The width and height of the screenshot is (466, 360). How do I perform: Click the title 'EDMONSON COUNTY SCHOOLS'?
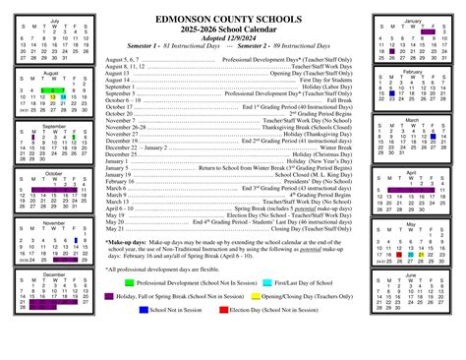tap(233, 20)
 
